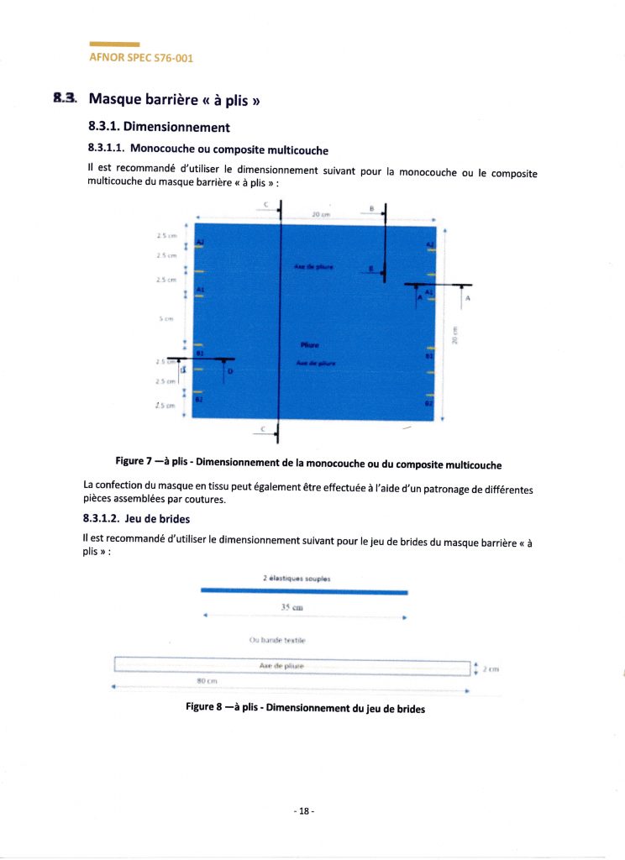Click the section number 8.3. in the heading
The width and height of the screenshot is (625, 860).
[x=65, y=99]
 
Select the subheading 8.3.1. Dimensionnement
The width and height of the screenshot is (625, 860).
[x=158, y=128]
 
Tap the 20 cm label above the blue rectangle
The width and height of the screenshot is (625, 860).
[x=319, y=216]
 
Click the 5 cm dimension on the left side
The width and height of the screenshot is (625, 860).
[x=167, y=319]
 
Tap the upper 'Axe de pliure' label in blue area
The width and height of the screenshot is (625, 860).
[x=313, y=266]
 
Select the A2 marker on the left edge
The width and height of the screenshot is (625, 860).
[x=200, y=243]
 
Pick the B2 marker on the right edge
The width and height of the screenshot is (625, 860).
[x=428, y=403]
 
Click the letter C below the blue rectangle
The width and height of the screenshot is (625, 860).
[x=264, y=428]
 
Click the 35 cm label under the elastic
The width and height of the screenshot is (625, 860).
[x=291, y=606]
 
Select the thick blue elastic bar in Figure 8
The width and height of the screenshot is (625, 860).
[x=304, y=591]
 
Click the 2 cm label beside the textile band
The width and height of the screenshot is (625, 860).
[x=490, y=669]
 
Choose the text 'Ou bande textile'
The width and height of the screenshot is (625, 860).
[x=277, y=640]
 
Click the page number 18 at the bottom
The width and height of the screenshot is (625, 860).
[x=304, y=811]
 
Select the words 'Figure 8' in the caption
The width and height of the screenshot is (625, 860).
[x=206, y=707]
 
